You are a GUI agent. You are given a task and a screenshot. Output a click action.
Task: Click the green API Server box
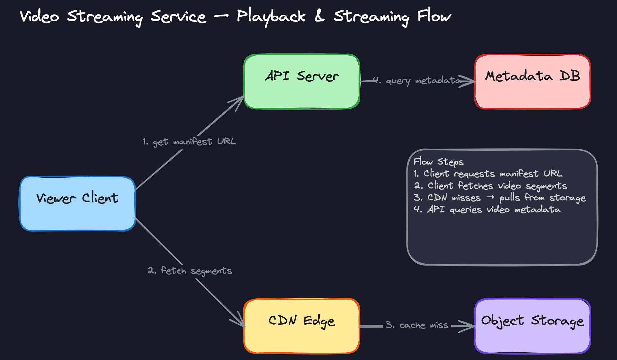click(x=301, y=82)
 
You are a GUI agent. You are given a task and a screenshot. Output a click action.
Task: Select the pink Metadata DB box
click(x=532, y=82)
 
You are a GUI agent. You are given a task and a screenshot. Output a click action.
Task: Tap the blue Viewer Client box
click(x=77, y=203)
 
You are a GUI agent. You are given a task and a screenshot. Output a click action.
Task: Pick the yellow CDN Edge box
click(x=301, y=326)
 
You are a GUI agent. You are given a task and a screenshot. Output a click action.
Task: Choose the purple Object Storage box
click(x=532, y=326)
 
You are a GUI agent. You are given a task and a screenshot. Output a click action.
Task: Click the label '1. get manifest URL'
click(x=189, y=142)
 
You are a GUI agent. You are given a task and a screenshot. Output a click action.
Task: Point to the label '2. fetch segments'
click(x=190, y=271)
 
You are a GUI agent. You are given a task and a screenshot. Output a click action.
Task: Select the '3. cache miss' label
click(x=417, y=325)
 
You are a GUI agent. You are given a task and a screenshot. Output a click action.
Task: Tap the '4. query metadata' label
click(x=417, y=80)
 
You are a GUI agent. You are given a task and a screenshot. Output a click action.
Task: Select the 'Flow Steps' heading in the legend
click(x=438, y=162)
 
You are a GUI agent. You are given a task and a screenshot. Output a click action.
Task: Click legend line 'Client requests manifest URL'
click(x=488, y=174)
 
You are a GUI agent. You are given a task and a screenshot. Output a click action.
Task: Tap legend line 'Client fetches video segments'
click(x=490, y=186)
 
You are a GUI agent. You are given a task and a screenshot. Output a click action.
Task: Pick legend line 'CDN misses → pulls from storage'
click(x=500, y=198)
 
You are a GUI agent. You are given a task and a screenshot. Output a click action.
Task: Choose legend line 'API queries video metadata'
click(x=487, y=210)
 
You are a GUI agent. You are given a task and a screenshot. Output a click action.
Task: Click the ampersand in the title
click(x=319, y=16)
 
